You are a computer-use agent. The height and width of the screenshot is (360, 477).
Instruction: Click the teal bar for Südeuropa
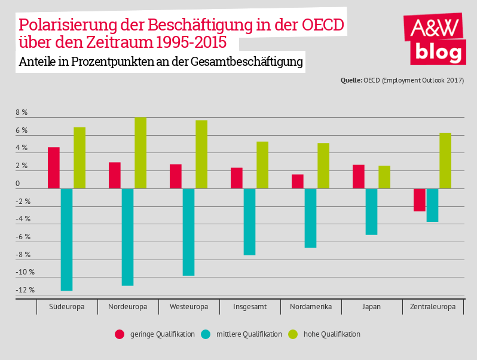coord(66,239)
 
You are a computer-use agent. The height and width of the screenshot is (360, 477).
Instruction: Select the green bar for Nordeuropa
coord(140,153)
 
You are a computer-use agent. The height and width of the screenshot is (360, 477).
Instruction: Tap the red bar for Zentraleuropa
coord(420,200)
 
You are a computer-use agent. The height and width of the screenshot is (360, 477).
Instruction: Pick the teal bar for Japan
coord(371,212)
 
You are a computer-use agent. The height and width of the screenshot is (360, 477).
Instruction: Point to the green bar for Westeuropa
coord(201,154)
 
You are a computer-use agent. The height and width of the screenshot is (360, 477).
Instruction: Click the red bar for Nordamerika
coord(298,181)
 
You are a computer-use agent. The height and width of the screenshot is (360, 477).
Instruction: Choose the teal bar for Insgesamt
coord(249,222)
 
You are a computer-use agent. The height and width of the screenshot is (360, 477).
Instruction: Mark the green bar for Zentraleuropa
coord(445,160)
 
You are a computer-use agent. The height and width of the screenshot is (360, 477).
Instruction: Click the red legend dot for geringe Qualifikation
coord(120,334)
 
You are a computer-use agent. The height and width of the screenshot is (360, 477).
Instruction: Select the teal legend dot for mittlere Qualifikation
coord(206,334)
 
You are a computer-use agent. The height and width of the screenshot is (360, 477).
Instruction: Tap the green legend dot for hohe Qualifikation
coord(293,334)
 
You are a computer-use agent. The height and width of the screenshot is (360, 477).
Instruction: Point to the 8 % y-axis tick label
coord(22,112)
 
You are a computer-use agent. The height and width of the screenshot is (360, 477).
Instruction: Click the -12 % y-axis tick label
coord(25,290)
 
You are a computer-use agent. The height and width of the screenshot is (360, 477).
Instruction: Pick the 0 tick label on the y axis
coord(18,184)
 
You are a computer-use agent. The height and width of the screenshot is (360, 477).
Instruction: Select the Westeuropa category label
coord(189,307)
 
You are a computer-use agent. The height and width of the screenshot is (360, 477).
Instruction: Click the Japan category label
coord(371,307)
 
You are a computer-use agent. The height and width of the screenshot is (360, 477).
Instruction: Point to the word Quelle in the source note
coord(351,80)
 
